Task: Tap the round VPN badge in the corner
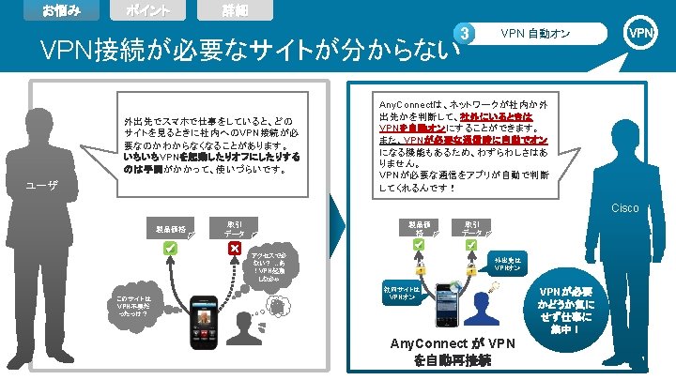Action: point(642,33)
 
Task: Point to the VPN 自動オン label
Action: point(536,35)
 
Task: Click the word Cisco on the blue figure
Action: point(624,207)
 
